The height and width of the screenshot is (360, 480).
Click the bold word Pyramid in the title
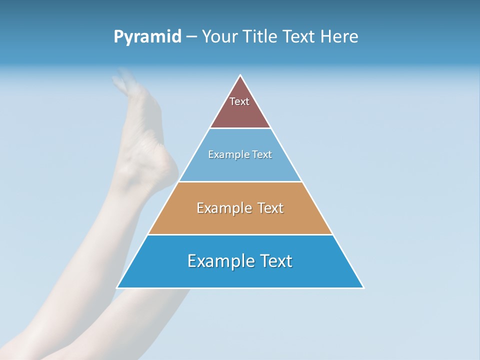point(147,37)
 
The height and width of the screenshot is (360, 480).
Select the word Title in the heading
point(262,37)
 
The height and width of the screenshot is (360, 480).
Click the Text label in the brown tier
point(239,101)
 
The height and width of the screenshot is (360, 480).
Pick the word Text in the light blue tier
point(262,154)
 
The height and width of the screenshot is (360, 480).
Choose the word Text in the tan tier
point(270,208)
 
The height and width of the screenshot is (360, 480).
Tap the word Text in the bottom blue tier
point(276,261)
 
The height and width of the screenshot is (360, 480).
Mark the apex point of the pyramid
point(240,75)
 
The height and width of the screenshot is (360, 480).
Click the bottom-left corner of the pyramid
point(117,287)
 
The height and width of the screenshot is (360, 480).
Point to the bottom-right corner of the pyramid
point(363,287)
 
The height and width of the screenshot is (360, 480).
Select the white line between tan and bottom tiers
point(240,234)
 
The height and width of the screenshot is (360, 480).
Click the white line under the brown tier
point(240,128)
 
